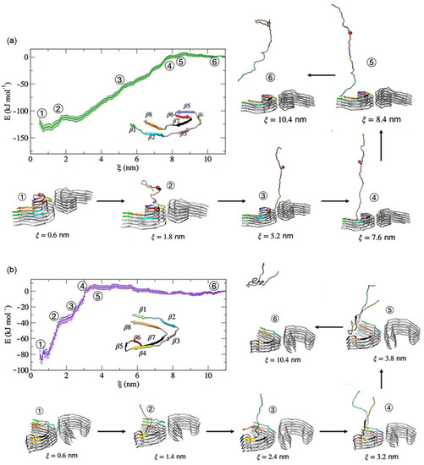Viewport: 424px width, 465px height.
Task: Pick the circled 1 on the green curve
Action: coord(42,113)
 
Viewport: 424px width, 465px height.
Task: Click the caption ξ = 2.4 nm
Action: coord(269,451)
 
